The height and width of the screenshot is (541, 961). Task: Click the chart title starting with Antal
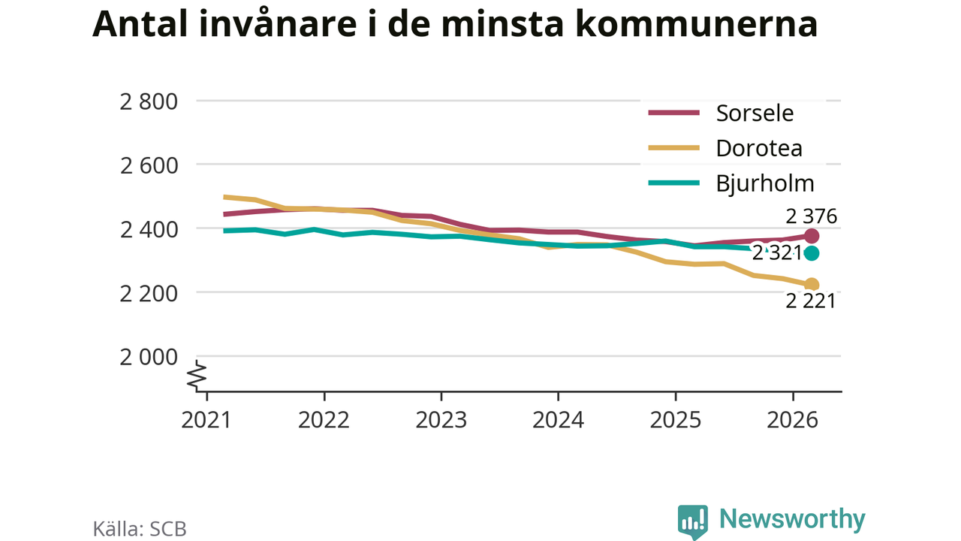pyautogui.click(x=455, y=24)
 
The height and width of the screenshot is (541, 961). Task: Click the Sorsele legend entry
pyautogui.click(x=721, y=113)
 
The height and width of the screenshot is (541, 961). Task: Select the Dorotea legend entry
pyautogui.click(x=725, y=149)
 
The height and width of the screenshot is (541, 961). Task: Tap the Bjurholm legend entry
pyautogui.click(x=731, y=184)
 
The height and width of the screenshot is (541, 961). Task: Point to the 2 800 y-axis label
pyautogui.click(x=149, y=102)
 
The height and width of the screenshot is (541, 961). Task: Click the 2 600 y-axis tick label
pyautogui.click(x=149, y=166)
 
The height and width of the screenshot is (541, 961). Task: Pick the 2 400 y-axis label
pyautogui.click(x=149, y=230)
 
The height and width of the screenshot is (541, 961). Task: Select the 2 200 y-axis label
pyautogui.click(x=149, y=294)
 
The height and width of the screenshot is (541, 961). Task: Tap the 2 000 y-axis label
pyautogui.click(x=149, y=358)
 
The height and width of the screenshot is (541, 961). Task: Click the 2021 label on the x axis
pyautogui.click(x=206, y=420)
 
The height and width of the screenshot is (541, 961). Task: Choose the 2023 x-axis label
pyautogui.click(x=441, y=420)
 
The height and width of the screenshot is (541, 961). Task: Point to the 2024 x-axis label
pyautogui.click(x=558, y=420)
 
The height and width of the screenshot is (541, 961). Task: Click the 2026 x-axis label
pyautogui.click(x=792, y=420)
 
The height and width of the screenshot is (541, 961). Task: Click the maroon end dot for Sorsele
pyautogui.click(x=812, y=236)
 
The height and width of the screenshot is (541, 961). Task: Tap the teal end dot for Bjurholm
pyautogui.click(x=812, y=253)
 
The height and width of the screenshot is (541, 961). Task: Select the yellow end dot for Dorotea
pyautogui.click(x=812, y=284)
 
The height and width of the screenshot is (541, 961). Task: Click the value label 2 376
pyautogui.click(x=811, y=216)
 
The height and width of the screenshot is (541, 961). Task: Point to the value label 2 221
pyautogui.click(x=810, y=301)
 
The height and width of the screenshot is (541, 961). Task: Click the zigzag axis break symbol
pyautogui.click(x=197, y=375)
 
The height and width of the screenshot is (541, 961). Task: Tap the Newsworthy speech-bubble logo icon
pyautogui.click(x=692, y=521)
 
